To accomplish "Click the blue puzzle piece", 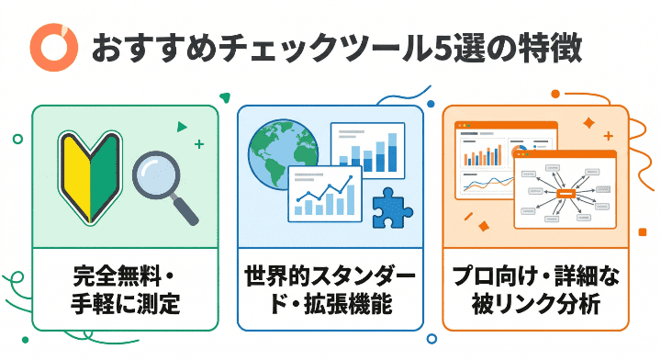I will click(x=394, y=210).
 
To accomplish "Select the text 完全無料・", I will click(x=126, y=276).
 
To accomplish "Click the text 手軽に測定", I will click(x=126, y=304).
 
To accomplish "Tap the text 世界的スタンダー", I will click(x=330, y=276).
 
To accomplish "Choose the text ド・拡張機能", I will click(x=330, y=304).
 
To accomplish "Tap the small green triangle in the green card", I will click(x=182, y=127).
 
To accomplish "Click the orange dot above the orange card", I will click(x=556, y=93).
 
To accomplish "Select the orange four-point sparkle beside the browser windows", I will click(x=588, y=121).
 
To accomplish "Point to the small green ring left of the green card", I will click(x=17, y=139).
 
